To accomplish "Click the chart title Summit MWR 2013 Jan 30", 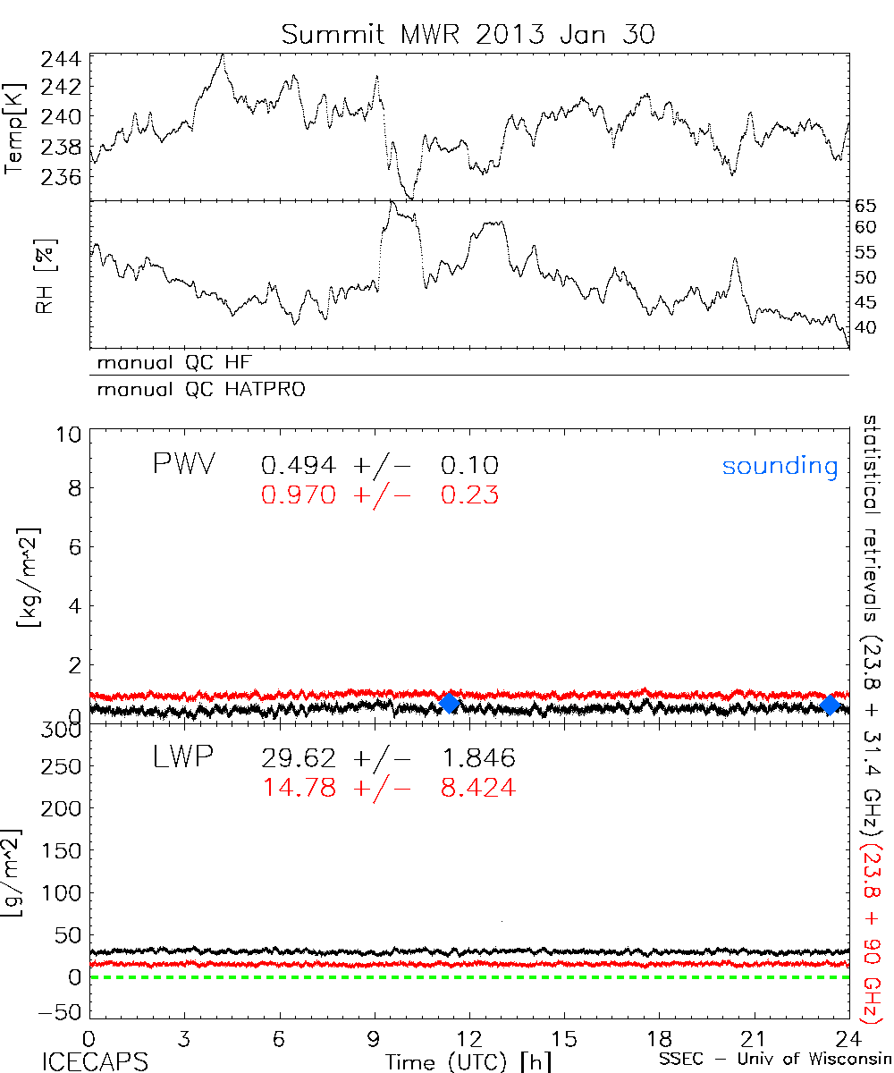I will click(468, 35).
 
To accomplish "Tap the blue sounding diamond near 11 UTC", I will click(450, 703).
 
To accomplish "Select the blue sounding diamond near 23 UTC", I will click(831, 705).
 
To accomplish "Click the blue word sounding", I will click(780, 466).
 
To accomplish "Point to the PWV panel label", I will click(184, 464).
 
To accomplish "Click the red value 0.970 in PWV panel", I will click(298, 494).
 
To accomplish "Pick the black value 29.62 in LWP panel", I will click(298, 759).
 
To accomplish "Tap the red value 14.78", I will click(298, 788).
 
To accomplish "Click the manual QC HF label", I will click(169, 363).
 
